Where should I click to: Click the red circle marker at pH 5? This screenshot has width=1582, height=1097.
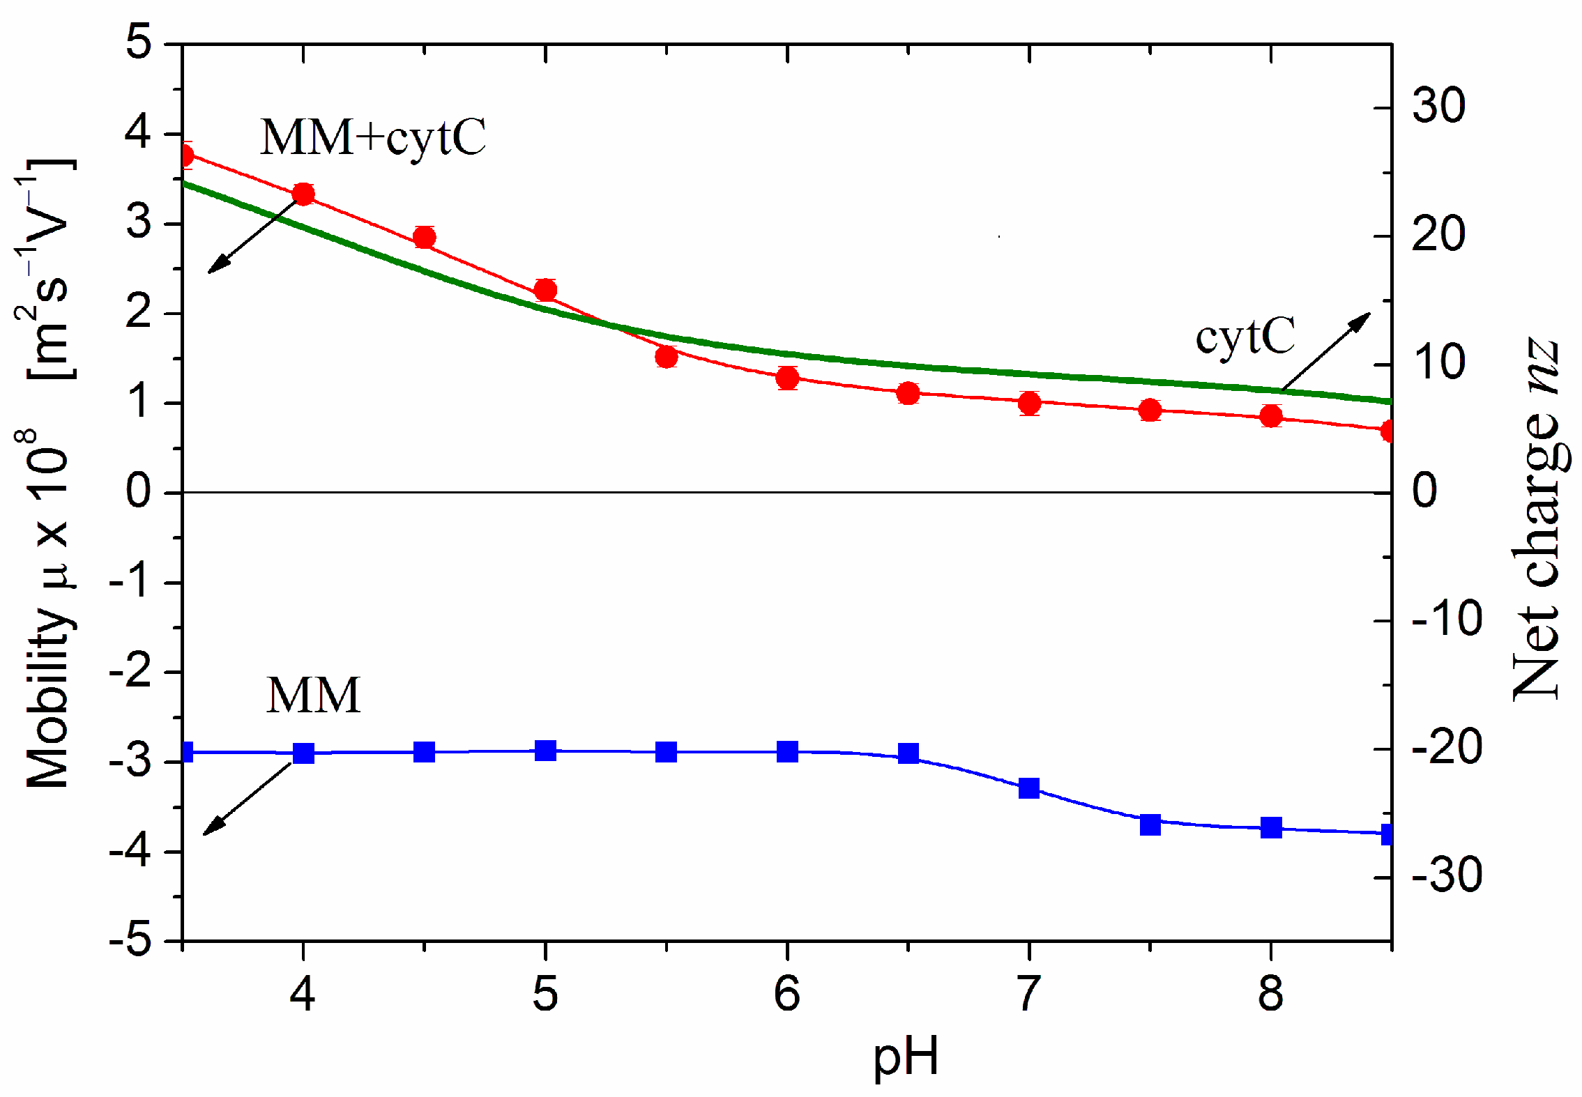(545, 290)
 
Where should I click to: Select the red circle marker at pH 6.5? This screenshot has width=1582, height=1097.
(908, 393)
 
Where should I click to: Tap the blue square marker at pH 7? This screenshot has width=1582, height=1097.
(1029, 788)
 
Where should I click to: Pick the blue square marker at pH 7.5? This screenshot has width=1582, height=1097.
(1150, 824)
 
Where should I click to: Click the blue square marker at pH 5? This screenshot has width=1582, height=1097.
(545, 751)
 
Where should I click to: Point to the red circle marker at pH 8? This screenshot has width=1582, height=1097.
(1271, 416)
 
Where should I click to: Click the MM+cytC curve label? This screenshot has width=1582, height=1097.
(372, 137)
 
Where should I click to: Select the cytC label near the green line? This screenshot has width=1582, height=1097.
(1245, 337)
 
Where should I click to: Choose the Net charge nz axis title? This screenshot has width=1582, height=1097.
(1536, 519)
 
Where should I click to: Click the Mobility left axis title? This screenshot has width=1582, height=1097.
(47, 474)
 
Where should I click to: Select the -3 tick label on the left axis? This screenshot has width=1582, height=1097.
(130, 761)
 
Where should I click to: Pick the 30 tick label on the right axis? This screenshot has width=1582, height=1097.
(1438, 107)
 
